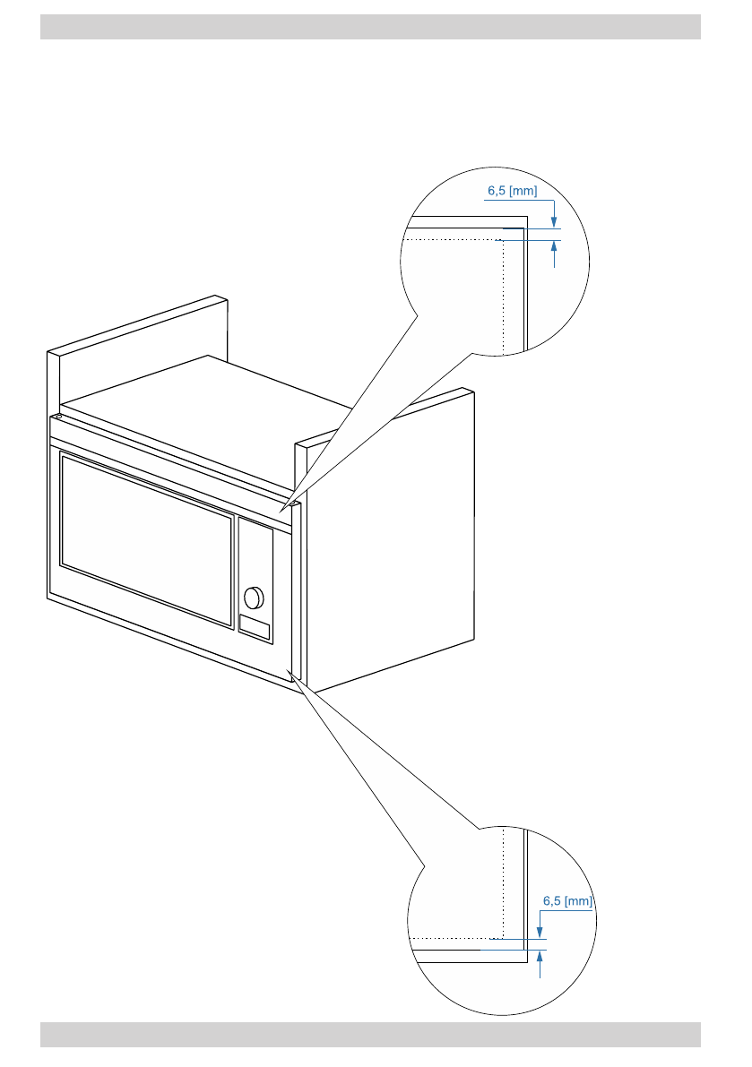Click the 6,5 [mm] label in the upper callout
pos(512,191)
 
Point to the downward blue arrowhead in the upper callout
pos(554,223)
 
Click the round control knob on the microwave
pos(255,596)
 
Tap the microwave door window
pos(146,538)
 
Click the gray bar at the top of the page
pos(370,27)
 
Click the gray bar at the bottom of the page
pos(370,1034)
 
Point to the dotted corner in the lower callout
pos(506,938)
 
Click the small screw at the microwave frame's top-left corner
pos(57,416)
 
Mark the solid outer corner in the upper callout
pos(525,216)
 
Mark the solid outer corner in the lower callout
pos(525,962)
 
